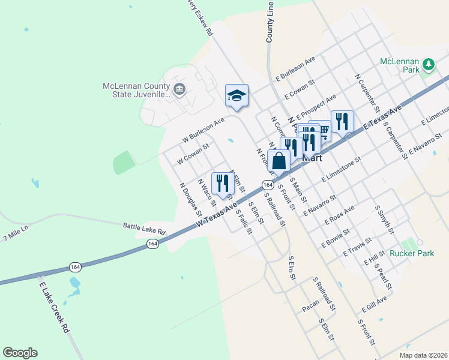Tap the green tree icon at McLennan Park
[428, 64]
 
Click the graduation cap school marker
[237, 95]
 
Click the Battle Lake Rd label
[143, 226]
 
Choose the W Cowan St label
[192, 155]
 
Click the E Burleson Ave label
[295, 69]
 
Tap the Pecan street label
[310, 307]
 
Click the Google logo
[20, 353]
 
